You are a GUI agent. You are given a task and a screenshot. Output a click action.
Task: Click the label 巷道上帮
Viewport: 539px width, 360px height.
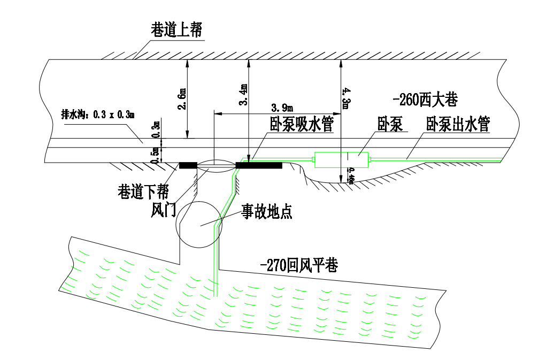tap(176, 30)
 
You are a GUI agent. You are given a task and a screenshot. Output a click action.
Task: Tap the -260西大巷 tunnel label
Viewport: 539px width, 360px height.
tap(426, 100)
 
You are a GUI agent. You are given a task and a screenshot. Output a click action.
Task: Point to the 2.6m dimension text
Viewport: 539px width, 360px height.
tap(182, 99)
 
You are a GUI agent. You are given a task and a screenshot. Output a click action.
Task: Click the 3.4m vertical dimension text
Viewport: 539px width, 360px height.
tap(243, 95)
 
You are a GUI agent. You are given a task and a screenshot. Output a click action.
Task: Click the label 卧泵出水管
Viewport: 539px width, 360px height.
tap(458, 126)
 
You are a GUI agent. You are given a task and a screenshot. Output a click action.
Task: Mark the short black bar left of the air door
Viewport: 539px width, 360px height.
tap(188, 165)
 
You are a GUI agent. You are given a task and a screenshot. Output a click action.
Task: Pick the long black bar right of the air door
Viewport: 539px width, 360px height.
tap(258, 165)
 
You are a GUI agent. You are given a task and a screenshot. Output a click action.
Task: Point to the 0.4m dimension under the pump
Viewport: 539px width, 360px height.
tap(351, 175)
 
